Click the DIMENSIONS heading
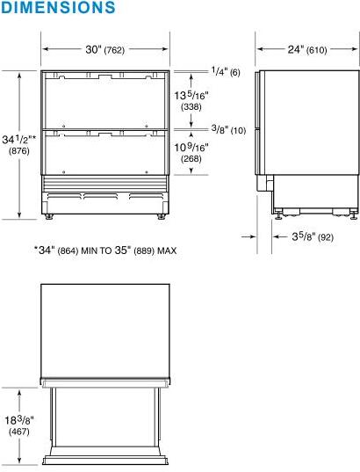(x=58, y=8)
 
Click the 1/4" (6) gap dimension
(x=225, y=71)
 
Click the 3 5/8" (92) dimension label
(x=313, y=236)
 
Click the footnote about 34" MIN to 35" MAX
(x=105, y=250)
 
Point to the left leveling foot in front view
(x=50, y=215)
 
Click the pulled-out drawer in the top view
(x=105, y=422)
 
